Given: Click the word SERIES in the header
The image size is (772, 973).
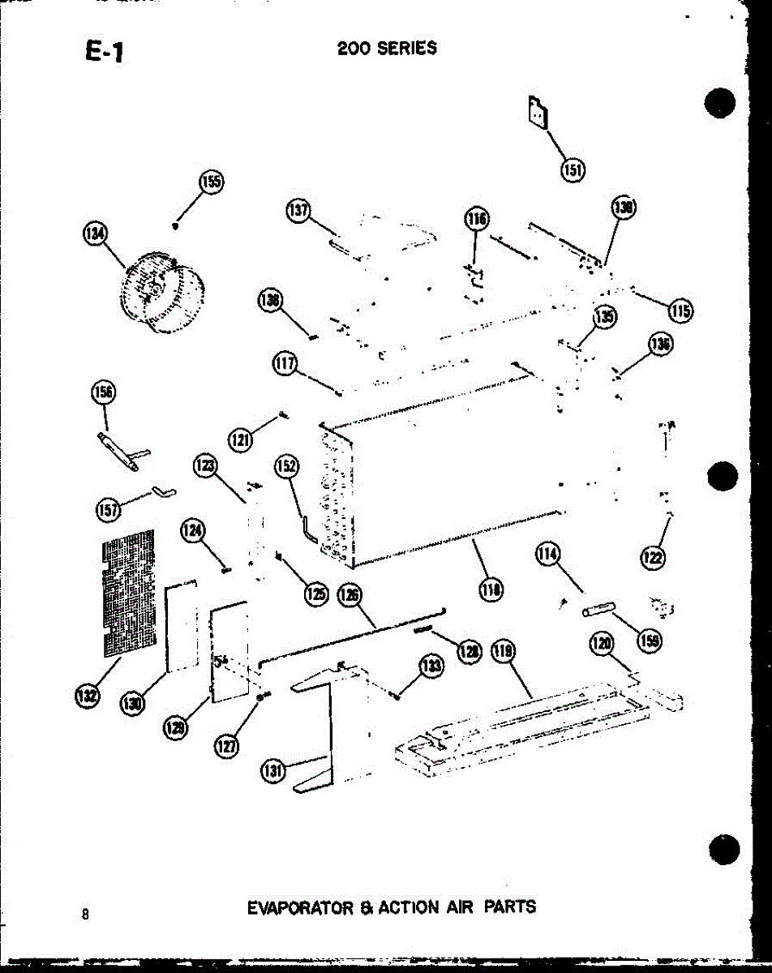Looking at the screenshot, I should pyautogui.click(x=406, y=48).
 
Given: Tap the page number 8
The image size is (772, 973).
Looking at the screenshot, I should pyautogui.click(x=84, y=914).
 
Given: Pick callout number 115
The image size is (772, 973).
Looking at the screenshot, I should pyautogui.click(x=680, y=311).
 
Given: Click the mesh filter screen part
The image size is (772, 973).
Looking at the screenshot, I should pyautogui.click(x=128, y=592).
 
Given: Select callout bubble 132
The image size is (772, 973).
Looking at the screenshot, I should pyautogui.click(x=87, y=696).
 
